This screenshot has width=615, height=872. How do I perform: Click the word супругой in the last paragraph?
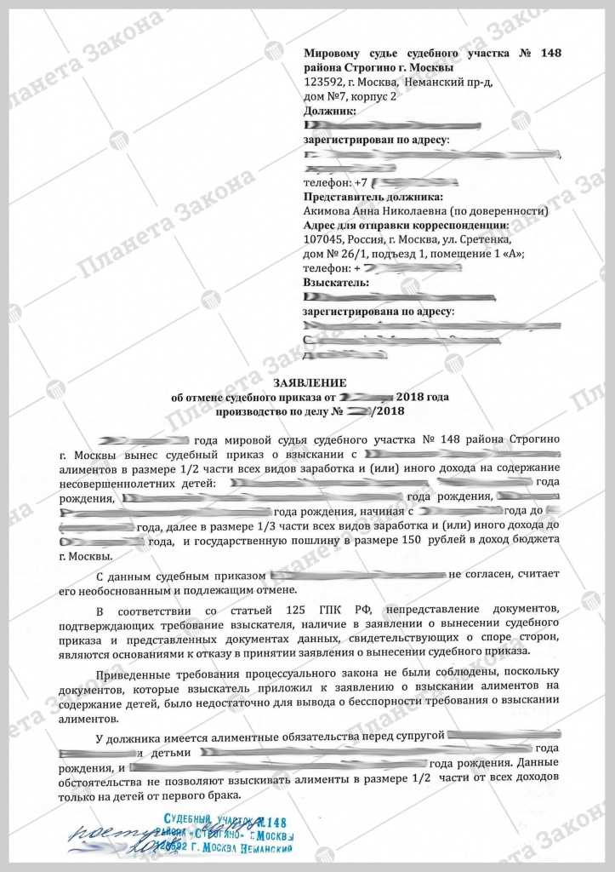(416, 735)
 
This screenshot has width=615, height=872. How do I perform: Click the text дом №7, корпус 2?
(350, 97)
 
